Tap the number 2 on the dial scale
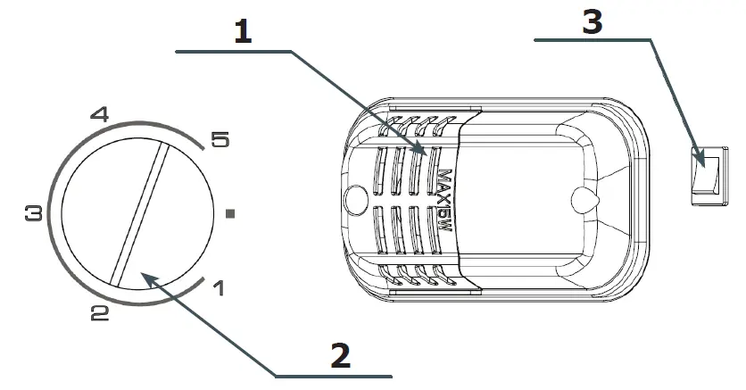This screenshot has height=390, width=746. click(x=99, y=311)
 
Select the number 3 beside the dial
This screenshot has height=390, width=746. click(x=34, y=214)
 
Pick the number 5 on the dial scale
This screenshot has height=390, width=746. click(x=219, y=139)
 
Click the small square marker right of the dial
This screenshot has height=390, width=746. click(x=231, y=214)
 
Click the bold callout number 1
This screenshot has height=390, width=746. click(x=243, y=31)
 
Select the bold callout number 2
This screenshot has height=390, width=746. click(x=340, y=355)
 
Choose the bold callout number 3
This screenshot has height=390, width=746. click(x=591, y=21)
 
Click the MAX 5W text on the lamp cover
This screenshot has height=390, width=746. click(x=446, y=201)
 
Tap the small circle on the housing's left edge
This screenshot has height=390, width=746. click(x=355, y=196)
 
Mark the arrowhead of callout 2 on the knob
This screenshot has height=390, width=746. click(x=145, y=278)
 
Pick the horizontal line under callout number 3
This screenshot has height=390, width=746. click(x=589, y=40)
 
